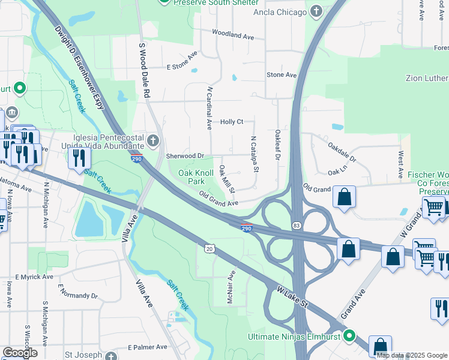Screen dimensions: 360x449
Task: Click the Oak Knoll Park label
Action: [x=196, y=177]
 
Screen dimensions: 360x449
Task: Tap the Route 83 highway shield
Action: [x=298, y=224]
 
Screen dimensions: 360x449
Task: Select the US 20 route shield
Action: [x=209, y=248]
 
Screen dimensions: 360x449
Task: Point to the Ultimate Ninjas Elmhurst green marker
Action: [x=349, y=336]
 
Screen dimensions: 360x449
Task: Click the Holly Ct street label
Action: [x=232, y=122]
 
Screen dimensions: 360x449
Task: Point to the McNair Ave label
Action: [x=231, y=287]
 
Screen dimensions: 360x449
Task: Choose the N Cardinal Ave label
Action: [x=209, y=108]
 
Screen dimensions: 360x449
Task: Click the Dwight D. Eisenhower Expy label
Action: [x=79, y=66]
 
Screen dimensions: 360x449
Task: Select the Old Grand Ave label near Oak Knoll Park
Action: [x=218, y=200]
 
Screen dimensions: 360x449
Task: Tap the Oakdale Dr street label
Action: [x=342, y=152]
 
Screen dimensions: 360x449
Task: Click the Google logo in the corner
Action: [x=20, y=353]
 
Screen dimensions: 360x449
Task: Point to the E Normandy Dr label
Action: [x=78, y=296]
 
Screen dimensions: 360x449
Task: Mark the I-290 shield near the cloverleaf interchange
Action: [x=246, y=228]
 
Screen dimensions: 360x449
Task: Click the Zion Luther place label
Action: [x=427, y=79]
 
